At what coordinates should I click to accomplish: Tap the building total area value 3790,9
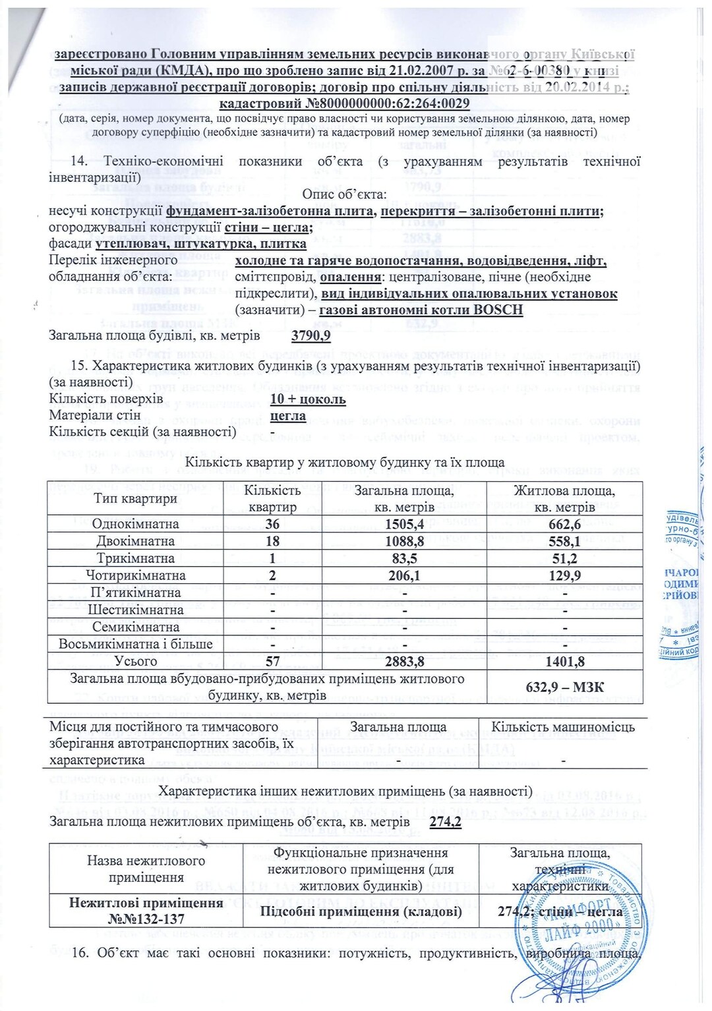tap(311, 335)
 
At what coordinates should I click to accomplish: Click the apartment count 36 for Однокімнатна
tap(272, 524)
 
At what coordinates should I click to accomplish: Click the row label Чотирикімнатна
tap(136, 575)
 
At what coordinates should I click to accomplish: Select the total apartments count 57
tap(272, 661)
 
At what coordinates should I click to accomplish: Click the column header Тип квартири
tap(136, 498)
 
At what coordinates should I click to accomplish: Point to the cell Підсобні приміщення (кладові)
tap(361, 911)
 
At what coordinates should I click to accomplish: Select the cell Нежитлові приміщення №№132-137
tap(146, 911)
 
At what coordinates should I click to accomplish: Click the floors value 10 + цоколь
tap(308, 399)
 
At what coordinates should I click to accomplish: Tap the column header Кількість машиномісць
tap(563, 727)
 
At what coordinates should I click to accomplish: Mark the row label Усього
tap(136, 661)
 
